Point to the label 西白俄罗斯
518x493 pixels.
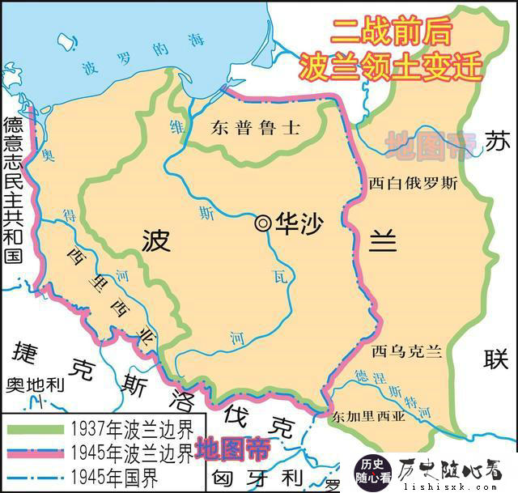pyautogui.click(x=412, y=184)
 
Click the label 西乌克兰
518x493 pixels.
pyautogui.click(x=406, y=351)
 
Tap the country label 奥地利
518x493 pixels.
pyautogui.click(x=33, y=385)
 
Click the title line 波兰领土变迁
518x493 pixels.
pyautogui.click(x=390, y=64)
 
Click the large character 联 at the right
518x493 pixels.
pyautogui.click(x=496, y=357)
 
